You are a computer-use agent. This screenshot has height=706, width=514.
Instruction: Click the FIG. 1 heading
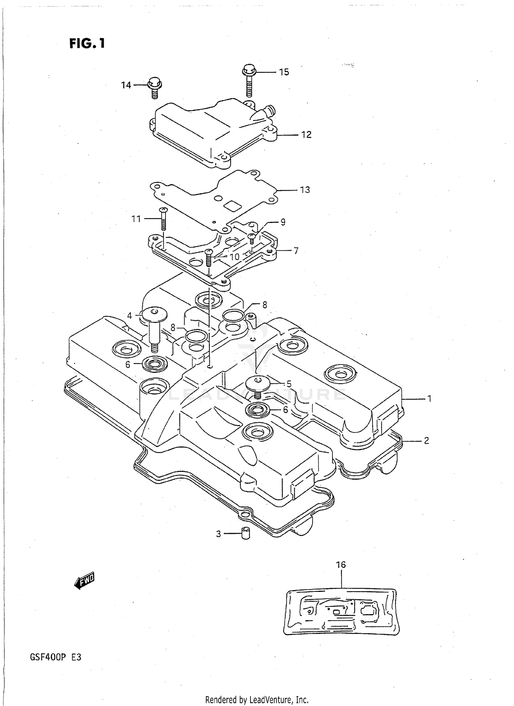87,44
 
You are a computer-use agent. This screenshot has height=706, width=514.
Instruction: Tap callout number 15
284,72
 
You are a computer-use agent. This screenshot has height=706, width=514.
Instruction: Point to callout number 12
306,135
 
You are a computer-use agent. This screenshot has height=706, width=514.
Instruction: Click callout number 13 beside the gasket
305,190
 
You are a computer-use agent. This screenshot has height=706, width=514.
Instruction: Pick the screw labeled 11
163,219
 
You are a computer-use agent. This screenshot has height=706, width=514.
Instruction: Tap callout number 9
283,223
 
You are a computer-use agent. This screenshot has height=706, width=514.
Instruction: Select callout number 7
296,251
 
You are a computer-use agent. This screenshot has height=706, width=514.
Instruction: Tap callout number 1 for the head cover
429,399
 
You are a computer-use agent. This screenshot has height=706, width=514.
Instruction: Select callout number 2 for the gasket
426,441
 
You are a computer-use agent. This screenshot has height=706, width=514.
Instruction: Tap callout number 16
341,565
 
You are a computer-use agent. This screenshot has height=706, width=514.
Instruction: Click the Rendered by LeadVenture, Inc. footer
257,699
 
